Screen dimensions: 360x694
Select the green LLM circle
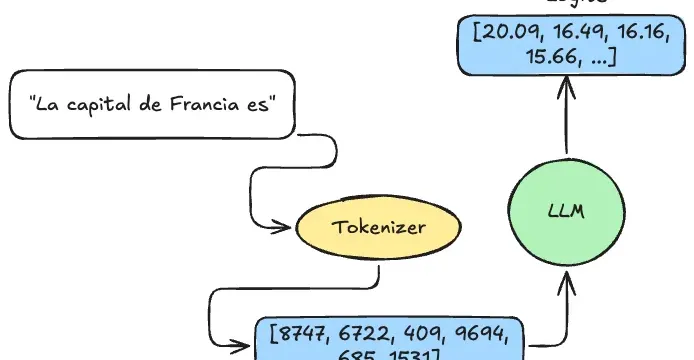point(565,211)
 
